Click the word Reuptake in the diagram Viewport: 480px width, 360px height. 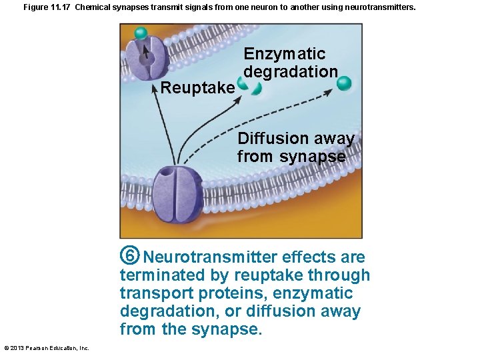198,88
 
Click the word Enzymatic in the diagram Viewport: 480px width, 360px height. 285,54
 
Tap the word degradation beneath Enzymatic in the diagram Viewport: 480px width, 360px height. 291,71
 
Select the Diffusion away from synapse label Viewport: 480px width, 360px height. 295,147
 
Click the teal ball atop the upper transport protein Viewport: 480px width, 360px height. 141,33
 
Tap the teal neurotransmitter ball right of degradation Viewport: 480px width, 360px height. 344,83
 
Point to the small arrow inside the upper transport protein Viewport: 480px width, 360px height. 147,51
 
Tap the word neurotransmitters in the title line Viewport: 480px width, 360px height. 380,7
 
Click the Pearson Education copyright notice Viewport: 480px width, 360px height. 46,348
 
